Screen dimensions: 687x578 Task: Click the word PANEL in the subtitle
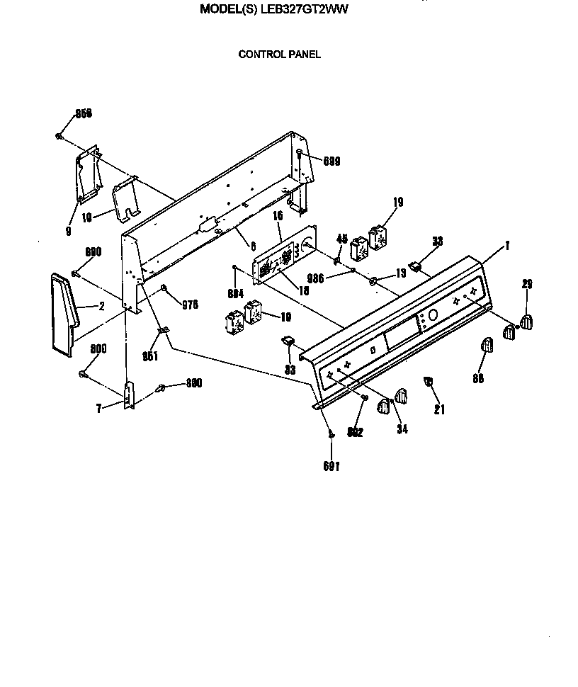click(x=304, y=54)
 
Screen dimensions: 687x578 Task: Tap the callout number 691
click(x=331, y=467)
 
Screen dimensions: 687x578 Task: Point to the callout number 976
click(x=188, y=305)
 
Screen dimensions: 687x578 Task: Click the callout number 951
click(x=150, y=356)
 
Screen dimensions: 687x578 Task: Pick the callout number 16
click(x=278, y=215)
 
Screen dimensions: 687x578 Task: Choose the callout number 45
click(x=341, y=239)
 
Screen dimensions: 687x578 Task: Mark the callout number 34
click(x=403, y=428)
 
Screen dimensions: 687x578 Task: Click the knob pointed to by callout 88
click(x=488, y=345)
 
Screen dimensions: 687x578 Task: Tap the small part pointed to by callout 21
click(x=428, y=382)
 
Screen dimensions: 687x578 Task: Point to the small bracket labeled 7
click(x=129, y=395)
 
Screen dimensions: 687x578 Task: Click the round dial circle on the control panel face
click(x=433, y=315)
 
